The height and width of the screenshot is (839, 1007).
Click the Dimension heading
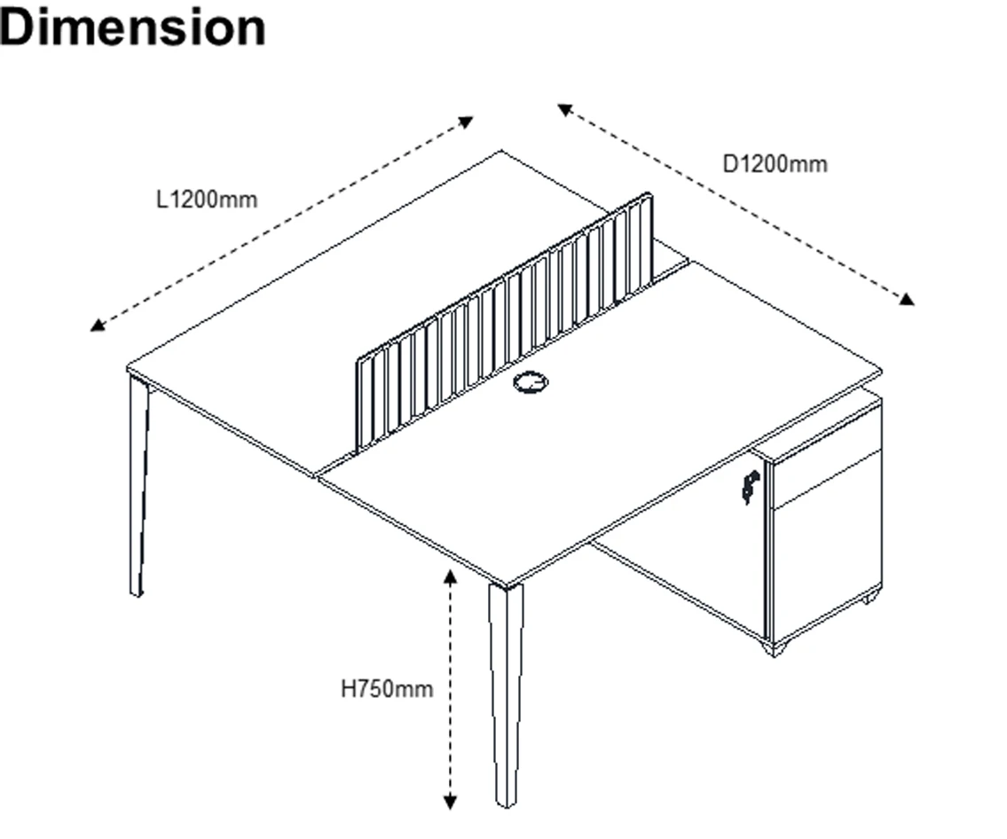pos(133,27)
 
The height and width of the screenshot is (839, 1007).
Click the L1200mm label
pos(206,200)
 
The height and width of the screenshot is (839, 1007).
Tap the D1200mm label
pos(775,164)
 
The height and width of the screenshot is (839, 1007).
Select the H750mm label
pos(387,689)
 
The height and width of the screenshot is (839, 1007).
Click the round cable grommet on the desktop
pos(531,383)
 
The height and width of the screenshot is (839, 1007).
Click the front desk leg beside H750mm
pos(506,692)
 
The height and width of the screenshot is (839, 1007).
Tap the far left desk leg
pos(138,488)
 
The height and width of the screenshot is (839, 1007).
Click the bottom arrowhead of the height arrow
pos(451,803)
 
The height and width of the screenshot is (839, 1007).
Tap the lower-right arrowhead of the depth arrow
pos(906,300)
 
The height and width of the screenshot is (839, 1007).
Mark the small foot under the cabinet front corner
pos(775,650)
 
